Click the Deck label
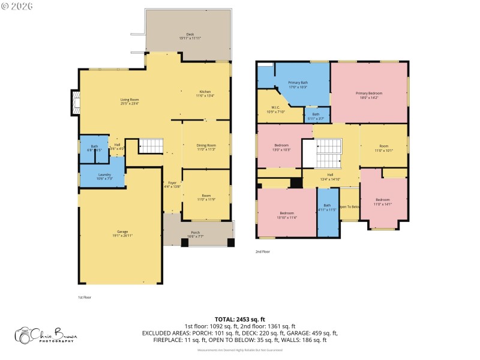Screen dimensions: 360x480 click(190, 36)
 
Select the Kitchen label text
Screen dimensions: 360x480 click(205, 94)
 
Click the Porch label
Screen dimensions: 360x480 click(196, 234)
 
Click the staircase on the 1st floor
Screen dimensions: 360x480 click(151, 146)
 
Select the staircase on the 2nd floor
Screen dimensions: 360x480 click(328, 154)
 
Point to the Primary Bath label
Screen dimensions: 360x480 click(298, 85)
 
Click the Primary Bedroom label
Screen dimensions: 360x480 click(368, 95)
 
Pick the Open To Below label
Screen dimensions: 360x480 click(349, 206)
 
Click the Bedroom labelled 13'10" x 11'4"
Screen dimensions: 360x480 click(286, 215)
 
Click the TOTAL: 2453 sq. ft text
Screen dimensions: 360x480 click(239, 319)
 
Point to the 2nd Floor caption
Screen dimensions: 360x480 click(263, 251)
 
